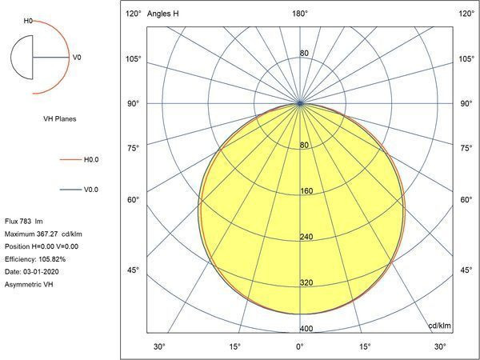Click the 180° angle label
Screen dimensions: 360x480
300,14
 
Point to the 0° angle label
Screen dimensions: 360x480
300,346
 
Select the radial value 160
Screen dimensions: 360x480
305,191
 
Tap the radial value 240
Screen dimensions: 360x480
305,237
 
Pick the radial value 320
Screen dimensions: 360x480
305,283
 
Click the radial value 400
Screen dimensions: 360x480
305,329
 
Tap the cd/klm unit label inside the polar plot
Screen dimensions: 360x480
440,326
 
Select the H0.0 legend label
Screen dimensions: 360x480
91,159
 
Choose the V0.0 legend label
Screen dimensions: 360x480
91,190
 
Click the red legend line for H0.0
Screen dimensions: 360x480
70,159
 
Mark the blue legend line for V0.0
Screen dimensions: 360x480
70,190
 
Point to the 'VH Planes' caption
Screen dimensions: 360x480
59,118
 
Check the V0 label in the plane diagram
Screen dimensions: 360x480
77,58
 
